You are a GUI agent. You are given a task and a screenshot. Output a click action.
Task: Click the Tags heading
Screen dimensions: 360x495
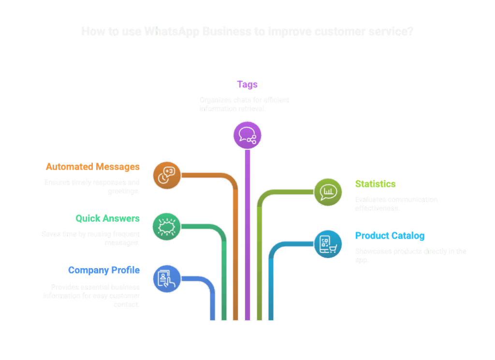click(247, 85)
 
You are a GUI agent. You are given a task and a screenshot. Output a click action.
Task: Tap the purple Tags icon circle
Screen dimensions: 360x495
click(247, 135)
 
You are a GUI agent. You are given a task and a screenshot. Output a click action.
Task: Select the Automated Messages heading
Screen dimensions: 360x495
click(92, 167)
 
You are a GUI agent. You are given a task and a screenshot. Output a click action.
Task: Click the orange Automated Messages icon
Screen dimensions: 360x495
click(167, 175)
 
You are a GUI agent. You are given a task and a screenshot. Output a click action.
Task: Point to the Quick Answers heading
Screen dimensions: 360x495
click(107, 218)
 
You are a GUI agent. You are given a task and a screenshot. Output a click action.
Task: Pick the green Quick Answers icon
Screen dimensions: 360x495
click(167, 226)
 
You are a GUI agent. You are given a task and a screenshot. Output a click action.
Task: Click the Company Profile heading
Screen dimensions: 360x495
click(104, 270)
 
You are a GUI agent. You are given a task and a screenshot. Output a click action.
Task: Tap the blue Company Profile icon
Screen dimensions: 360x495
click(167, 278)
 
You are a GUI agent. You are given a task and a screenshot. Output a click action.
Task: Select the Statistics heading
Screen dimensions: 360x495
click(375, 184)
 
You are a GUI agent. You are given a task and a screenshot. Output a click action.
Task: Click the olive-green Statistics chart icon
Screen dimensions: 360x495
click(328, 192)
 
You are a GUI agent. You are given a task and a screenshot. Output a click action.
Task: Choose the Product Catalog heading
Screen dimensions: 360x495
click(390, 236)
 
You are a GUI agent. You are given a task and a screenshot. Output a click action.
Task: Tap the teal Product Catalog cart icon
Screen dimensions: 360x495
click(328, 244)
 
